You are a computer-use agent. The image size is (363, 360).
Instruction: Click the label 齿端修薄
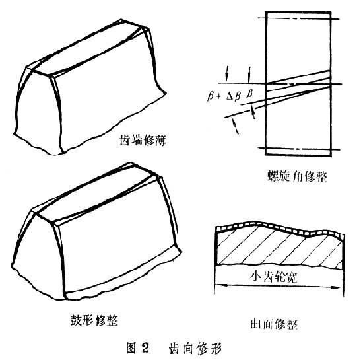click(143, 141)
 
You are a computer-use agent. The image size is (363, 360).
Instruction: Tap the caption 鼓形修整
click(94, 320)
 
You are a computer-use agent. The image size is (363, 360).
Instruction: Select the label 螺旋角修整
click(297, 177)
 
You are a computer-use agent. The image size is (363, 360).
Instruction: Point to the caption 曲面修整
click(274, 324)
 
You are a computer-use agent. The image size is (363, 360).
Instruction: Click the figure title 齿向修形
click(195, 348)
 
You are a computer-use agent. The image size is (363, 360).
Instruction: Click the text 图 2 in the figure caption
click(137, 348)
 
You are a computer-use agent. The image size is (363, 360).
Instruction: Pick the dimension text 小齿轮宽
click(274, 277)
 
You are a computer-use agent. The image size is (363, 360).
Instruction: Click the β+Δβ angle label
click(224, 96)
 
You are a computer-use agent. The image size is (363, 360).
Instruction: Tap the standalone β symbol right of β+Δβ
click(249, 94)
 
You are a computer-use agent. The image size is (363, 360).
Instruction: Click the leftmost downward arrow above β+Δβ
click(227, 74)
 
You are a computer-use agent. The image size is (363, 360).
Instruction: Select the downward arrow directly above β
click(249, 75)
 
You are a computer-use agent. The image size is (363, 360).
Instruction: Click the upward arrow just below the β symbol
click(253, 112)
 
